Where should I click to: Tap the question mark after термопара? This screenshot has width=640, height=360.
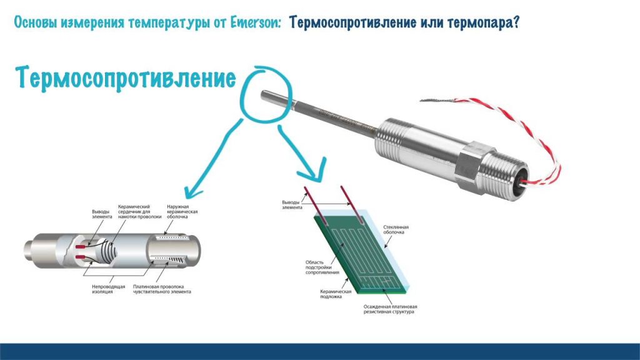(516, 22)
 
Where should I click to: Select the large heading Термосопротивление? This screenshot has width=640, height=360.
(126, 78)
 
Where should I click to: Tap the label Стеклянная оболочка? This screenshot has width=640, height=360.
(396, 229)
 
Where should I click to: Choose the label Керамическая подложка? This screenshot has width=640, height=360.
(336, 294)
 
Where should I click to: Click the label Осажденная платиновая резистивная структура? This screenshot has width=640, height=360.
(390, 309)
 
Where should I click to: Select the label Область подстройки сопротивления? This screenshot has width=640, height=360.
(322, 267)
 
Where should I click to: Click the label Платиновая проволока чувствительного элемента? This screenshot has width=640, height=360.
(162, 289)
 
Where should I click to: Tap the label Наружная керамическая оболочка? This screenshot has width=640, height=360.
(182, 211)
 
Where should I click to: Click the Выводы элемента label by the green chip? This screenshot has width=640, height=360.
(292, 205)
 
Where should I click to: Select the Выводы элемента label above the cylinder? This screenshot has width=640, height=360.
(102, 214)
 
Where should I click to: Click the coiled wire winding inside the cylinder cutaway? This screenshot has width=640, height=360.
(107, 250)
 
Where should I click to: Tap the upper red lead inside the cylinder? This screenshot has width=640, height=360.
(81, 247)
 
